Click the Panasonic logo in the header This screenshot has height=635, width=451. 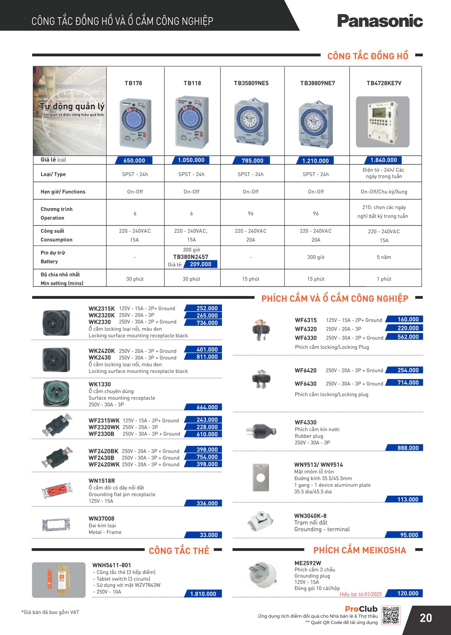pyautogui.click(x=380, y=21)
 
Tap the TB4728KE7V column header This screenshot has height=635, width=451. pyautogui.click(x=384, y=83)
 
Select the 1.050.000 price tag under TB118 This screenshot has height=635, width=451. pyautogui.click(x=191, y=160)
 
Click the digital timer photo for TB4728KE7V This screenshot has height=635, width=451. pyautogui.click(x=383, y=122)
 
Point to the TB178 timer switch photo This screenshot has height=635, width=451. pyautogui.click(x=135, y=123)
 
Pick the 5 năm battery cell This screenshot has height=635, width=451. pyautogui.click(x=384, y=257)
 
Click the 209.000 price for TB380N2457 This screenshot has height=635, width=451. pyautogui.click(x=201, y=264)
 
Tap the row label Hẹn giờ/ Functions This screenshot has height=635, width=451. pyautogui.click(x=63, y=192)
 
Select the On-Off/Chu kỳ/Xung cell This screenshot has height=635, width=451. pyautogui.click(x=384, y=192)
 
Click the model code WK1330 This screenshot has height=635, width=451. pyautogui.click(x=99, y=384)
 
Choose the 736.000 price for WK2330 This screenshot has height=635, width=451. pyautogui.click(x=207, y=323)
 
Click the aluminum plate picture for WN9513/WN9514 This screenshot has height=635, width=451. pyautogui.click(x=261, y=478)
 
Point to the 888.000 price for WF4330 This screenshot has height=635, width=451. pyautogui.click(x=408, y=448)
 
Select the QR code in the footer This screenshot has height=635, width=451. pyautogui.click(x=391, y=615)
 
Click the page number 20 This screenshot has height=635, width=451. pyautogui.click(x=426, y=618)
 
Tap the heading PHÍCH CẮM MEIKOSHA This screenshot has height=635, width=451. pyautogui.click(x=359, y=550)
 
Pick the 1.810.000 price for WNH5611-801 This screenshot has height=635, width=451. pyautogui.click(x=203, y=594)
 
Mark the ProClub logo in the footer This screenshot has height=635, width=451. pyautogui.click(x=361, y=609)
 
